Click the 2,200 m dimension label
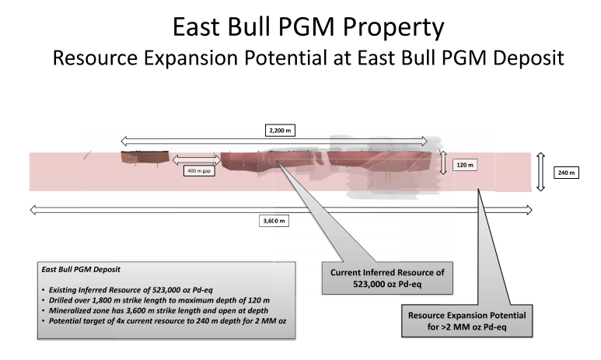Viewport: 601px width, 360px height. (x=280, y=131)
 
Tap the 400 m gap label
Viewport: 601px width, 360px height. (x=199, y=170)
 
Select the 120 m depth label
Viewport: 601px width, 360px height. (x=465, y=165)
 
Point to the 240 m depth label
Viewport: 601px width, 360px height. (x=566, y=173)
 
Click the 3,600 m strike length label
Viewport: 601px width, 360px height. (x=274, y=221)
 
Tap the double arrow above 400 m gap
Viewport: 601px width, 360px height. (x=196, y=159)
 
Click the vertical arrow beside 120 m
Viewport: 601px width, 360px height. (x=443, y=163)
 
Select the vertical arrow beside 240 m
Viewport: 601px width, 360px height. (x=540, y=172)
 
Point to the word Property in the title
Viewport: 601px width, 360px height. (x=393, y=28)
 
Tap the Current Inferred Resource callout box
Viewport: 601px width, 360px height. (x=387, y=278)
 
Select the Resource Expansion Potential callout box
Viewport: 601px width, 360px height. (x=466, y=321)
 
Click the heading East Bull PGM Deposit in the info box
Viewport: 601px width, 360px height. (x=81, y=270)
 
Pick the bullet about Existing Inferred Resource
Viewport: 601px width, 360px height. (x=128, y=290)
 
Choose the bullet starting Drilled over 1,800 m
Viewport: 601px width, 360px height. (x=155, y=300)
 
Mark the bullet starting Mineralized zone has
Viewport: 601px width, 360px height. (x=155, y=310)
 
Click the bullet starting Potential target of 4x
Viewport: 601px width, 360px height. (x=164, y=321)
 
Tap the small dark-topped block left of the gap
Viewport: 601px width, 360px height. (x=145, y=157)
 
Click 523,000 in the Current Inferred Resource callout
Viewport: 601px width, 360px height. (x=368, y=284)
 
